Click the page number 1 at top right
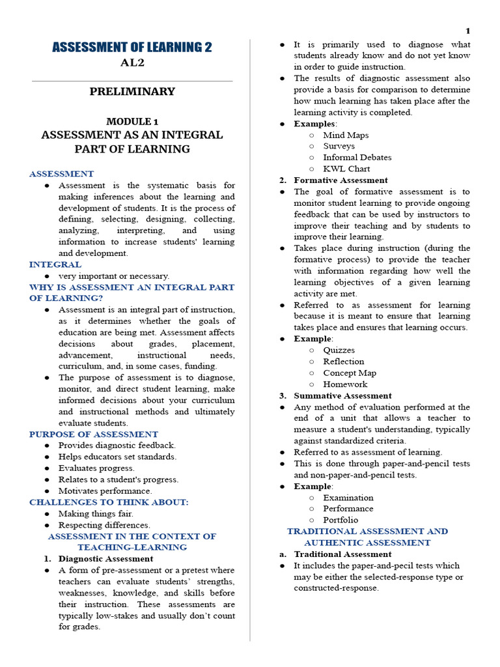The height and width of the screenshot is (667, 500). (x=467, y=31)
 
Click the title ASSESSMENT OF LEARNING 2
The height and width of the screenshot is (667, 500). (x=132, y=48)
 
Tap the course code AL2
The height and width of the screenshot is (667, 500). (x=132, y=63)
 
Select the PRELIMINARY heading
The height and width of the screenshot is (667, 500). (x=132, y=92)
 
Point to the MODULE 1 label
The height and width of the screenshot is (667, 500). (x=132, y=122)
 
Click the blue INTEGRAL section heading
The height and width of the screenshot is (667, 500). (x=55, y=264)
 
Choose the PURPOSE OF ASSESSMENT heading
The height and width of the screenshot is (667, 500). (x=94, y=434)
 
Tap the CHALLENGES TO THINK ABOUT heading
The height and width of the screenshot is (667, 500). (x=109, y=502)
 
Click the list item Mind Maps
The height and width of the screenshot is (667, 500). (x=346, y=135)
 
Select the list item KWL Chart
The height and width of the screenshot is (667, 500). (x=346, y=169)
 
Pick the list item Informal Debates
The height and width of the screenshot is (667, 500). (x=357, y=158)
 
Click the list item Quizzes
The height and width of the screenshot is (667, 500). (x=340, y=350)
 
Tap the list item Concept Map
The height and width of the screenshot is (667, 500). (x=350, y=373)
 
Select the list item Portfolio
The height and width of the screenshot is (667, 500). (x=340, y=520)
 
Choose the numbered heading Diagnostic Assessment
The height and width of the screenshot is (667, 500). (x=105, y=559)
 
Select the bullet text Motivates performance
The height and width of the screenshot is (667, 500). (x=105, y=491)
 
